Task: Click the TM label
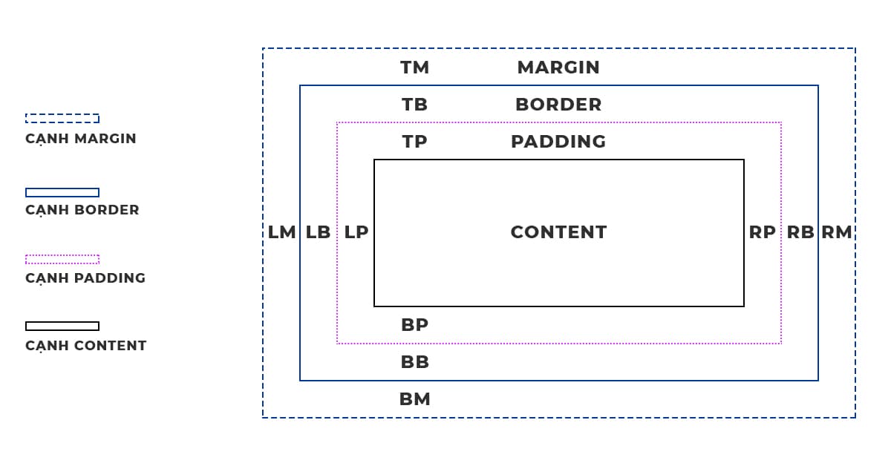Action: pos(414,68)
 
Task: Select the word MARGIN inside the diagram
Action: pos(558,68)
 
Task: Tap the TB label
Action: pos(414,105)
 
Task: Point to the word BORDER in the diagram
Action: pos(558,105)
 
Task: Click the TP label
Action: pos(414,142)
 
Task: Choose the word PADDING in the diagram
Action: pos(558,142)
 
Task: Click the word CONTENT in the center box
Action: pos(558,232)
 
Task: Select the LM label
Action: pos(282,232)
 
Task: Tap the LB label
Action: pos(318,232)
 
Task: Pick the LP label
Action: pos(356,232)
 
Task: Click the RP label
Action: pos(762,232)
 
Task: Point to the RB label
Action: pos(800,232)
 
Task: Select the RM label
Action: pos(837,232)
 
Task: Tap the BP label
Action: pos(414,325)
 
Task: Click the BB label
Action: pos(414,362)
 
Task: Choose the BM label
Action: pos(414,399)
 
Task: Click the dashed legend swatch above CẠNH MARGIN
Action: pos(62,118)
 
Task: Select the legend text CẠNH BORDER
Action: pos(82,210)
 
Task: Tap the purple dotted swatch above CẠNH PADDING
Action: pos(62,259)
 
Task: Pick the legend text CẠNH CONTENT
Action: pos(86,346)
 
